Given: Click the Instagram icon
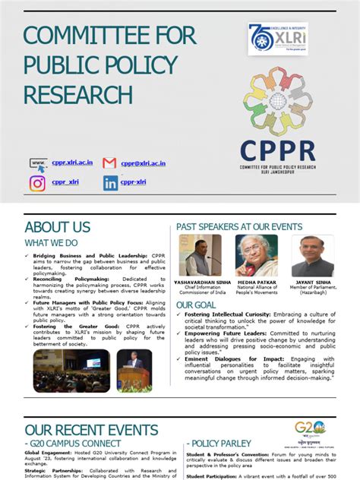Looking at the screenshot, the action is (37, 183).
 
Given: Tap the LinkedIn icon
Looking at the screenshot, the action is (111, 183).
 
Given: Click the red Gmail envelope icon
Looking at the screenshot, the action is (109, 163).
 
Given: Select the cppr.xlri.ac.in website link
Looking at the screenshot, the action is (72, 163).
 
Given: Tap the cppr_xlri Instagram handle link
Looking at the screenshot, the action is (65, 183).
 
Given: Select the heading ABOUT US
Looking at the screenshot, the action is (58, 227).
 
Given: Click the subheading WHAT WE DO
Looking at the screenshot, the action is (51, 242).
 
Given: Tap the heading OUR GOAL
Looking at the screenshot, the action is (196, 305).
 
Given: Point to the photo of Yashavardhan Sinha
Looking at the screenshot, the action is (201, 255).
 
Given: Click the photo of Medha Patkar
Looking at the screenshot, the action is (258, 255).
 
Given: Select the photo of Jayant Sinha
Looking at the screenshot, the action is (312, 255).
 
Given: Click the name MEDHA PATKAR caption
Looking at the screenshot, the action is (257, 282).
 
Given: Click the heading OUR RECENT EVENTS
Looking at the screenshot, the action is (91, 431).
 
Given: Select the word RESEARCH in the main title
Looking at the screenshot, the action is (78, 94).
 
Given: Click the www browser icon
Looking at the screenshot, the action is (38, 163).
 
